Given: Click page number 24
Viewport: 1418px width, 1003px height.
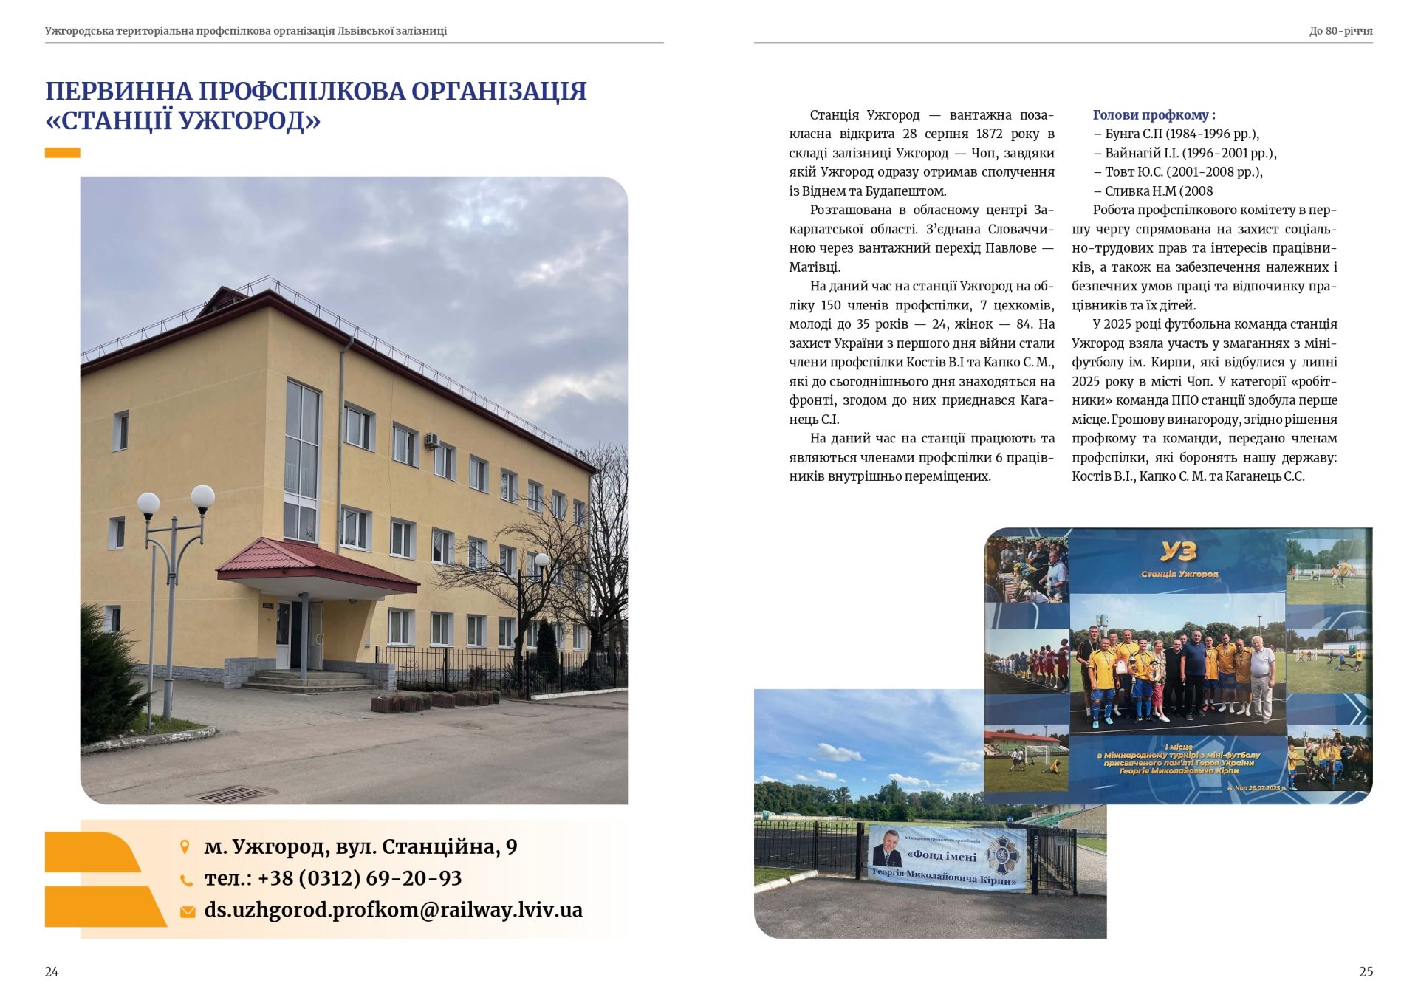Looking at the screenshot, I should click(52, 971).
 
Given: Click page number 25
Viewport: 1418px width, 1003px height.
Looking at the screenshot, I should click(1366, 971).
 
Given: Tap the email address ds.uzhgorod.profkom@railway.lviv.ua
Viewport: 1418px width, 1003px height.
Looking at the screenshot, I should click(393, 910).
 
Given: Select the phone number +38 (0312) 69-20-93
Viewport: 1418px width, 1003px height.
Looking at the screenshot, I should click(359, 878).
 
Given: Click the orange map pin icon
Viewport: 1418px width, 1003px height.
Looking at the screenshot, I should click(185, 846).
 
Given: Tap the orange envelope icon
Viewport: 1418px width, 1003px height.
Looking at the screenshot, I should click(188, 911).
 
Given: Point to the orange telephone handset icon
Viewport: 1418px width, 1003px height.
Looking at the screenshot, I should click(187, 880).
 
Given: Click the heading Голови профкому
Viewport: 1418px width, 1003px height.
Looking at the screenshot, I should click(1154, 115).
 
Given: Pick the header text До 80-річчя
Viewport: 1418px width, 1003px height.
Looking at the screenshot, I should click(1340, 31).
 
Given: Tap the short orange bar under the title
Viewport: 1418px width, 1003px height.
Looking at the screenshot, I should click(62, 153).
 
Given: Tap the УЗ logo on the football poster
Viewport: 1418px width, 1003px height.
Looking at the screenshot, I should click(1178, 550).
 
